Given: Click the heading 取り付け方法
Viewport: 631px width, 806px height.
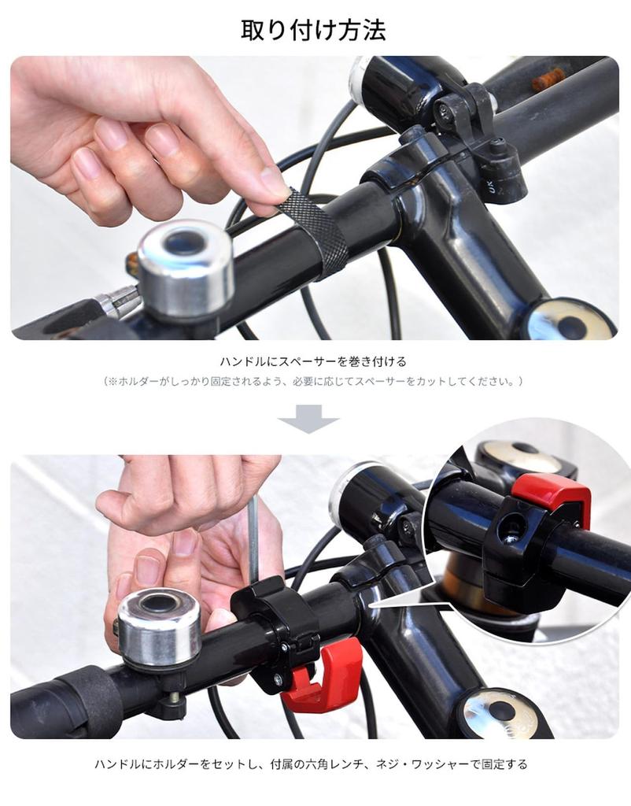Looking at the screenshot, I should (313, 31).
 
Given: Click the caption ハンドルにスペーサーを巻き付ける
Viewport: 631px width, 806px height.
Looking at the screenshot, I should (313, 362).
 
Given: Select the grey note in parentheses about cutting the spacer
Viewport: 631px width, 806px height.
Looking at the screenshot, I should (313, 381).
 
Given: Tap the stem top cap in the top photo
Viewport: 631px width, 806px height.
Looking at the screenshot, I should (571, 322).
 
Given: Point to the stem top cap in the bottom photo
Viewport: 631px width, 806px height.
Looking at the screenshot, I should (500, 712).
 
